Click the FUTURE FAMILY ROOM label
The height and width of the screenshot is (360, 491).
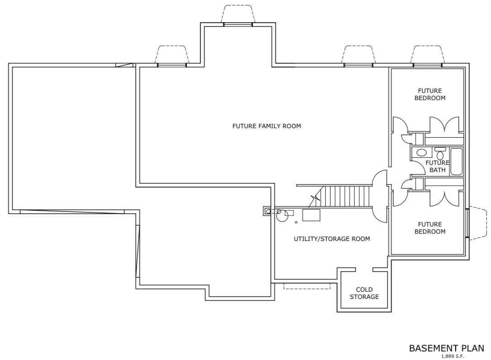[267, 126]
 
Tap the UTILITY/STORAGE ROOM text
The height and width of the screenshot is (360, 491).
[332, 239]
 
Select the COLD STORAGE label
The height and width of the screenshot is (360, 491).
[364, 293]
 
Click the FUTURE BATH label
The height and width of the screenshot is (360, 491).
[437, 166]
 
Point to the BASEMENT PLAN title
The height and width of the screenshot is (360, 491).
[447, 348]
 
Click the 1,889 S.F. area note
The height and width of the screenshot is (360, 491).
[453, 356]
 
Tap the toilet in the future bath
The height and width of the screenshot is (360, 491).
[440, 154]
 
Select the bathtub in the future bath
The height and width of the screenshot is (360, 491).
[456, 161]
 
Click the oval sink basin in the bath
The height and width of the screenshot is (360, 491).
[421, 153]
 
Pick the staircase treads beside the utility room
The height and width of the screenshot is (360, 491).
[346, 196]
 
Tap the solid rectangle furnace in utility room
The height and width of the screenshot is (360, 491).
[311, 215]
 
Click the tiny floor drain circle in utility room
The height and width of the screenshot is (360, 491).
[296, 222]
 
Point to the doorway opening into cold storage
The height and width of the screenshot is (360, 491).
[364, 269]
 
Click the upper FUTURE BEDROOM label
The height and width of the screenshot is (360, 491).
[429, 94]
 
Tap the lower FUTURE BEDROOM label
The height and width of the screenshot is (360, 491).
[429, 228]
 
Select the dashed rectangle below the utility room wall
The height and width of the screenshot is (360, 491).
[307, 286]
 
